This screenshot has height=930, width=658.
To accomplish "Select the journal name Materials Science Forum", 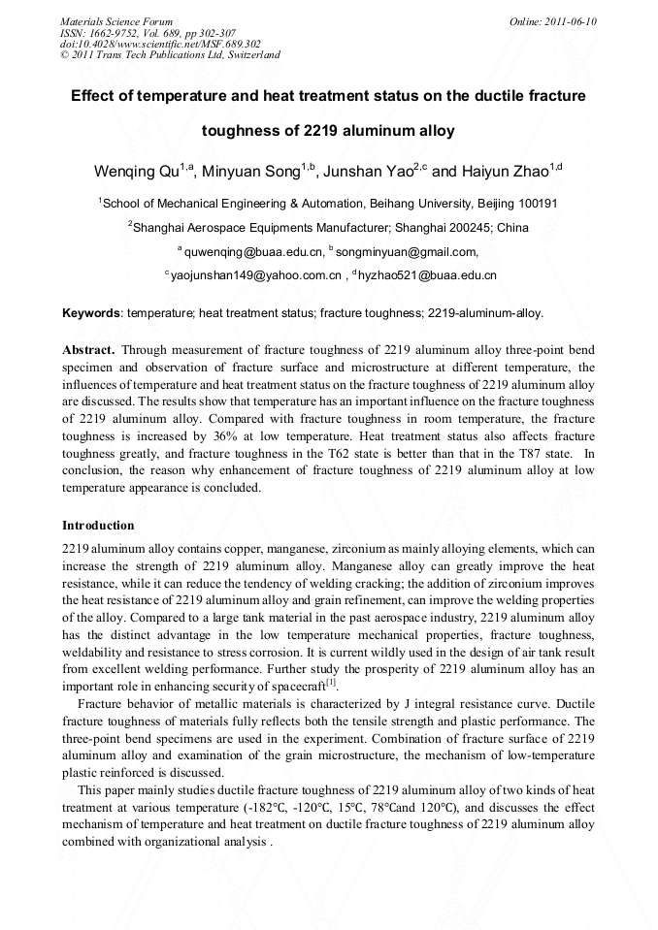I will (117, 21).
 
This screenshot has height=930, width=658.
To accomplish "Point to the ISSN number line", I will (148, 33).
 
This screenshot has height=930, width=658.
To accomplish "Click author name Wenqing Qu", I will (137, 172).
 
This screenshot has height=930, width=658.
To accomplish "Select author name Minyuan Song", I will (252, 172).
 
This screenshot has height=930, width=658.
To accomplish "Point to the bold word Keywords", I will (91, 313).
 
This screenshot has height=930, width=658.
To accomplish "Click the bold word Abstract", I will (88, 348).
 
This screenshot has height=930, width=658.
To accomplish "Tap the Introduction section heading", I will (98, 526).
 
